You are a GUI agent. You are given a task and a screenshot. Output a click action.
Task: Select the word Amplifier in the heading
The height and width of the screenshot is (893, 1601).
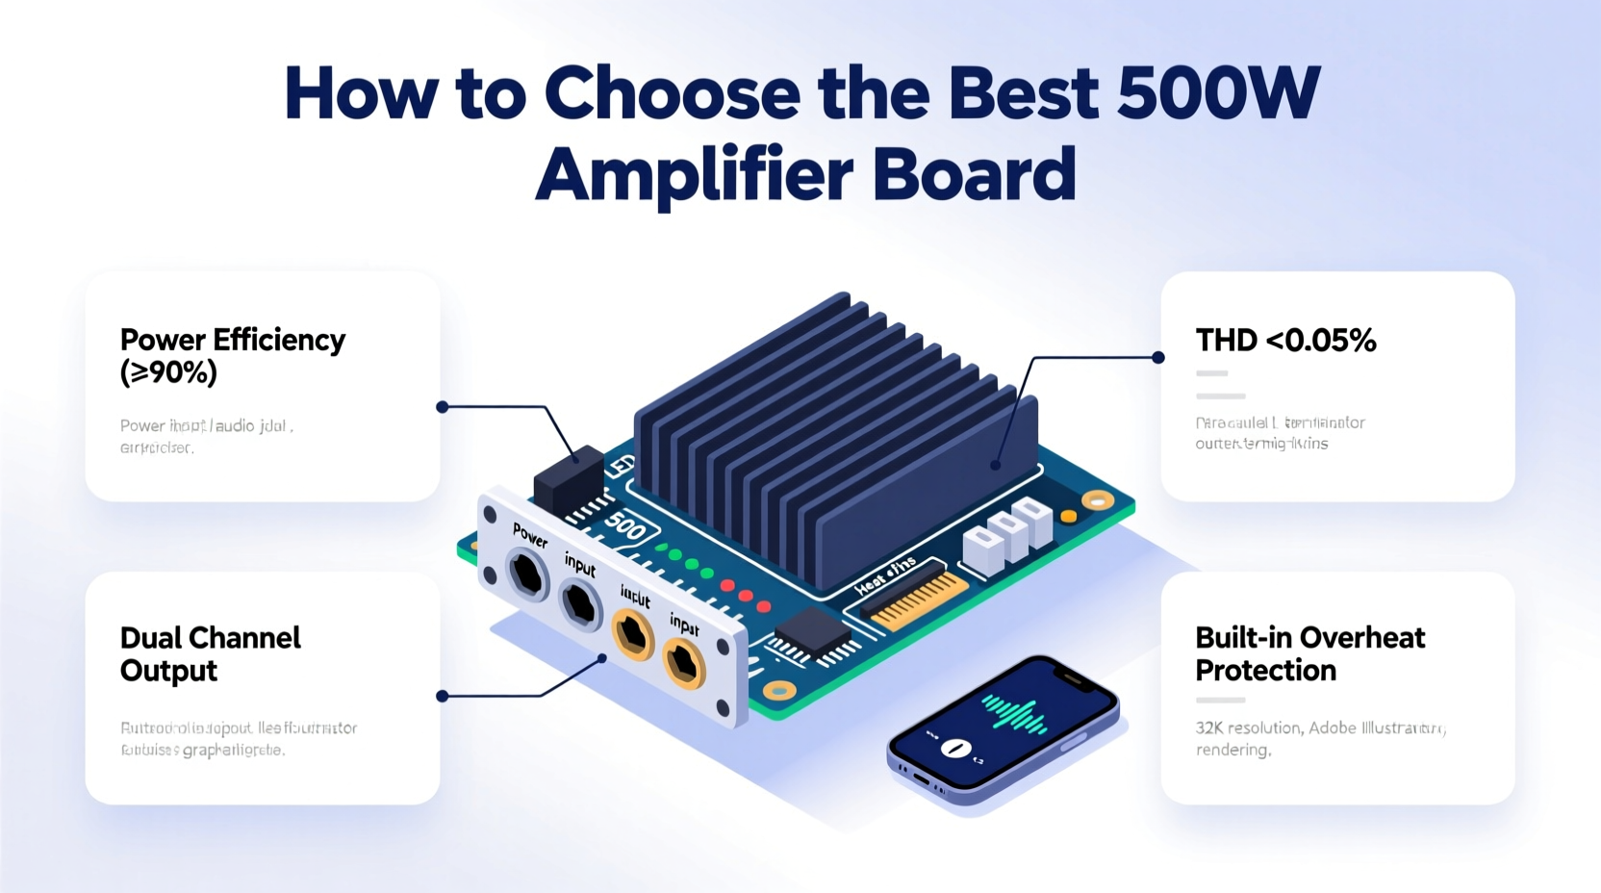click(694, 174)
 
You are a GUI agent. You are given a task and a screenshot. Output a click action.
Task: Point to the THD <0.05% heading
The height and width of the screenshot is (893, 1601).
click(1285, 340)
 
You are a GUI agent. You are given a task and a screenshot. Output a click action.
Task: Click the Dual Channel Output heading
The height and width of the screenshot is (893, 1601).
click(210, 653)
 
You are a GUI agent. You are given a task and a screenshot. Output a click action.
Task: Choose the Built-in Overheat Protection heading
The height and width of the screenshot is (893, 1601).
click(1309, 653)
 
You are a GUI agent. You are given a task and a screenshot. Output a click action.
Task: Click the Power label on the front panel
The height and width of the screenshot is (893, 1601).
click(530, 535)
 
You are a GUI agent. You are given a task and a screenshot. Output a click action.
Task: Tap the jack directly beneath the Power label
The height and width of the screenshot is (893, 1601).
click(527, 575)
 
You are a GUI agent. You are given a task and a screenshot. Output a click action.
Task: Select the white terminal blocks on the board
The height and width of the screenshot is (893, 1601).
click(1005, 531)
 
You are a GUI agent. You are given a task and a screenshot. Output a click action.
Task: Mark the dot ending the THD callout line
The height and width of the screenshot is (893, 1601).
click(1158, 357)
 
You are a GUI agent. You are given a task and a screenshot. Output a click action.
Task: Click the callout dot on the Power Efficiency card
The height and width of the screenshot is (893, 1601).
click(443, 407)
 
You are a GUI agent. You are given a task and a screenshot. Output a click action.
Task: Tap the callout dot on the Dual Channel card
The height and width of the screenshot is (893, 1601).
click(443, 696)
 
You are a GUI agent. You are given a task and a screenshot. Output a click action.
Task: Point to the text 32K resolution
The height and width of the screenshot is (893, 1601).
click(1249, 727)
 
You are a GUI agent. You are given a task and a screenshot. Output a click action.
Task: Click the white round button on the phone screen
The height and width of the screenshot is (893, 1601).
click(955, 748)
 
